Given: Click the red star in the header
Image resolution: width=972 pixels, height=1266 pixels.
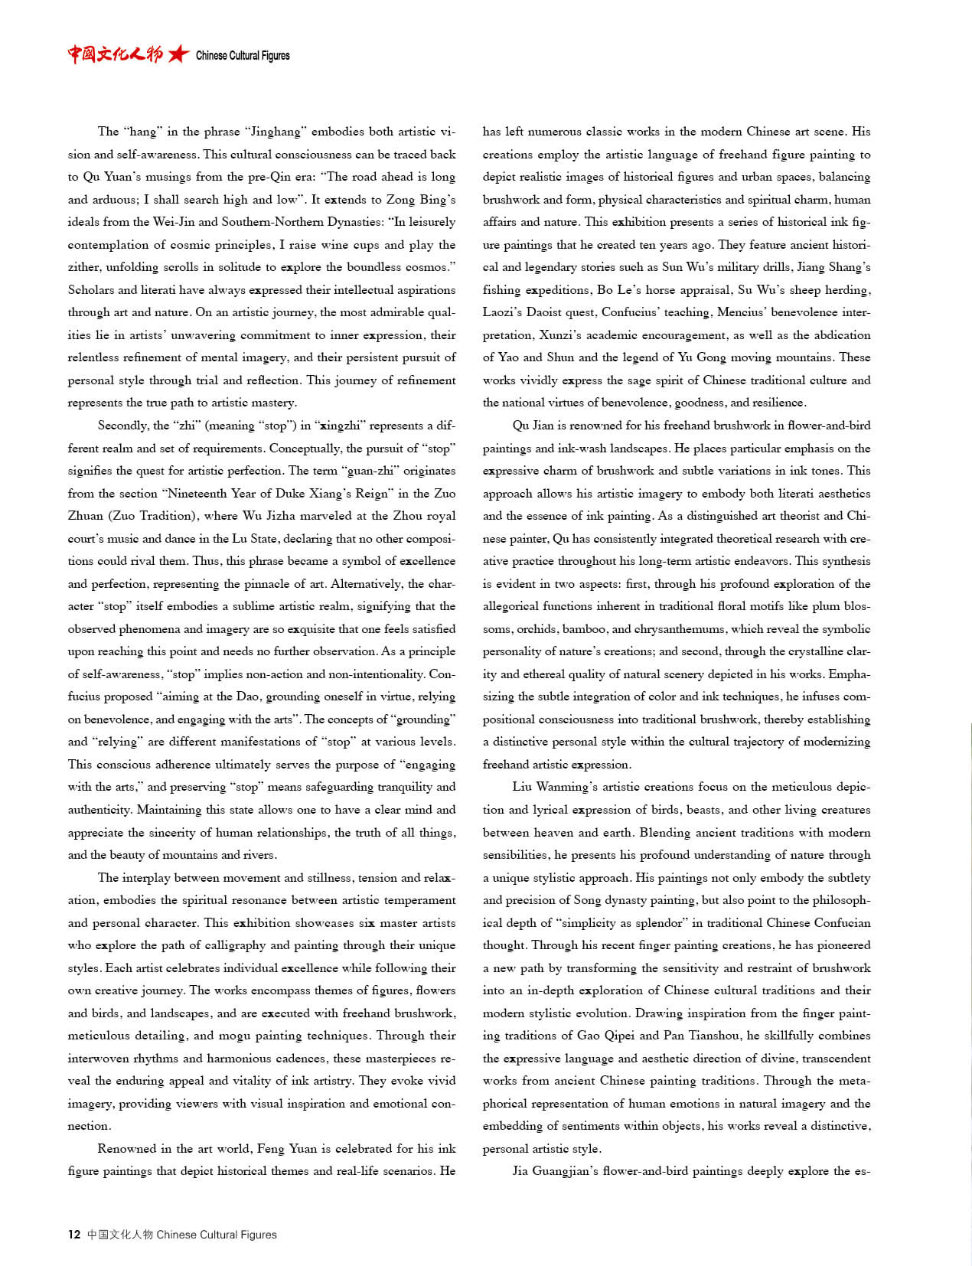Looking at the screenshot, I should (x=178, y=54).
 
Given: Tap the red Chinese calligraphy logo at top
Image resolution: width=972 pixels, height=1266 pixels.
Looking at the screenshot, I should (x=115, y=54).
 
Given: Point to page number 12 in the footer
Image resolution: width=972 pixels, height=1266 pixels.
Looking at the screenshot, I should (x=74, y=1234).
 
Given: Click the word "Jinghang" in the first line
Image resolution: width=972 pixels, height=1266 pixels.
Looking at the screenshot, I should (x=276, y=132).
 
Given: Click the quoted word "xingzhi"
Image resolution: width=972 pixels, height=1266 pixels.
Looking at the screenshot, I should (x=343, y=426).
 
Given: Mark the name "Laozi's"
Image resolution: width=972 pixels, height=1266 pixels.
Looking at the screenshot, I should (x=502, y=312).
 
